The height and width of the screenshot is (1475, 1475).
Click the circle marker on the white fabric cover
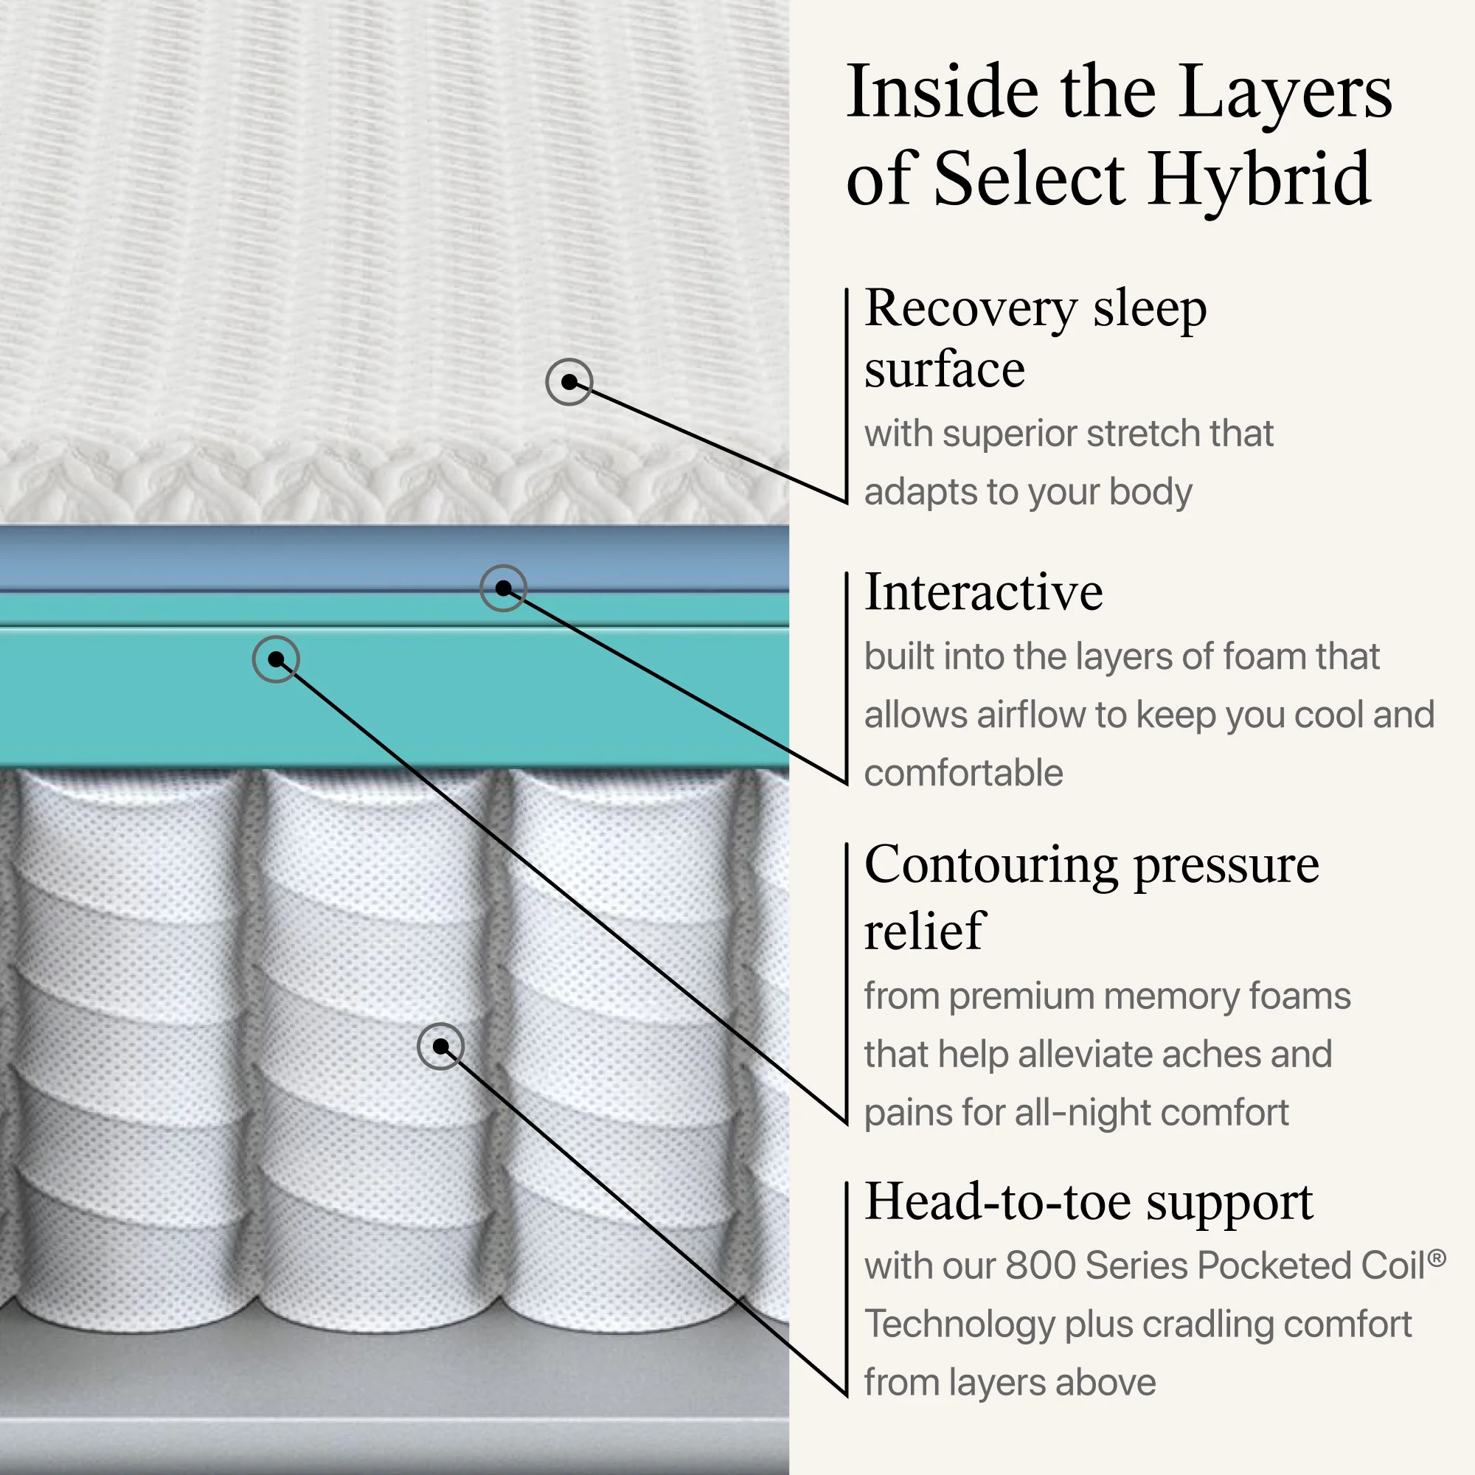tap(569, 382)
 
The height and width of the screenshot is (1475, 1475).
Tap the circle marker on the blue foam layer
tap(503, 588)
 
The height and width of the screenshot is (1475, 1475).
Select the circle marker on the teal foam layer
tap(276, 659)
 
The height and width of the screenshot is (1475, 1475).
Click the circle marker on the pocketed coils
tap(440, 1046)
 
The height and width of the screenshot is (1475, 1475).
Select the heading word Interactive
tap(983, 591)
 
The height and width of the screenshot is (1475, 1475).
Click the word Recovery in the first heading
tap(971, 309)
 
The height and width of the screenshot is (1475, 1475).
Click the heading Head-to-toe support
tap(1089, 1202)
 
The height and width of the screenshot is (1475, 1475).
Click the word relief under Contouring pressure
tap(925, 931)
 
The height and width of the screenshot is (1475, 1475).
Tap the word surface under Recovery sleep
tap(945, 370)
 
